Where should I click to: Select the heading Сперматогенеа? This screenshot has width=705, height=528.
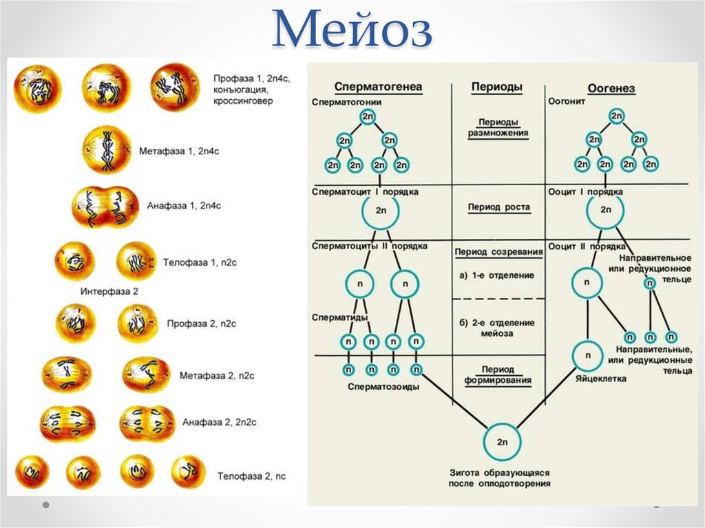click(378, 87)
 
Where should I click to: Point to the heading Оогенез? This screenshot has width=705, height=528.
click(611, 89)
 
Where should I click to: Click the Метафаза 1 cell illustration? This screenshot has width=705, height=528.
click(107, 149)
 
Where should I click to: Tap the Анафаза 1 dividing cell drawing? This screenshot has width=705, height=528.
click(105, 206)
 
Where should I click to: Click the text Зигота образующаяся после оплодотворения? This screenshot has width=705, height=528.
click(499, 478)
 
